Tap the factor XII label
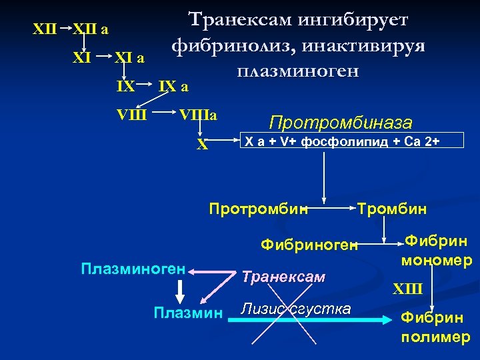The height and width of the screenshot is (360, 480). (45, 29)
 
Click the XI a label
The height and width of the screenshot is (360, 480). (130, 58)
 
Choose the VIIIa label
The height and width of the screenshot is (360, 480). (200, 114)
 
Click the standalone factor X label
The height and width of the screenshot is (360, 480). (202, 143)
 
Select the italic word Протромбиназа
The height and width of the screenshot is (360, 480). (341, 123)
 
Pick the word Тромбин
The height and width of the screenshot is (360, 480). (392, 209)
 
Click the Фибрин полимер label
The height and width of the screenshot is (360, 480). (435, 327)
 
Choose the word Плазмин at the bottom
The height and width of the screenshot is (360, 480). (187, 311)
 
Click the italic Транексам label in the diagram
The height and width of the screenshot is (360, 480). (283, 276)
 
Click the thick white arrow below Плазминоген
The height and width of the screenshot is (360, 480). (179, 290)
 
